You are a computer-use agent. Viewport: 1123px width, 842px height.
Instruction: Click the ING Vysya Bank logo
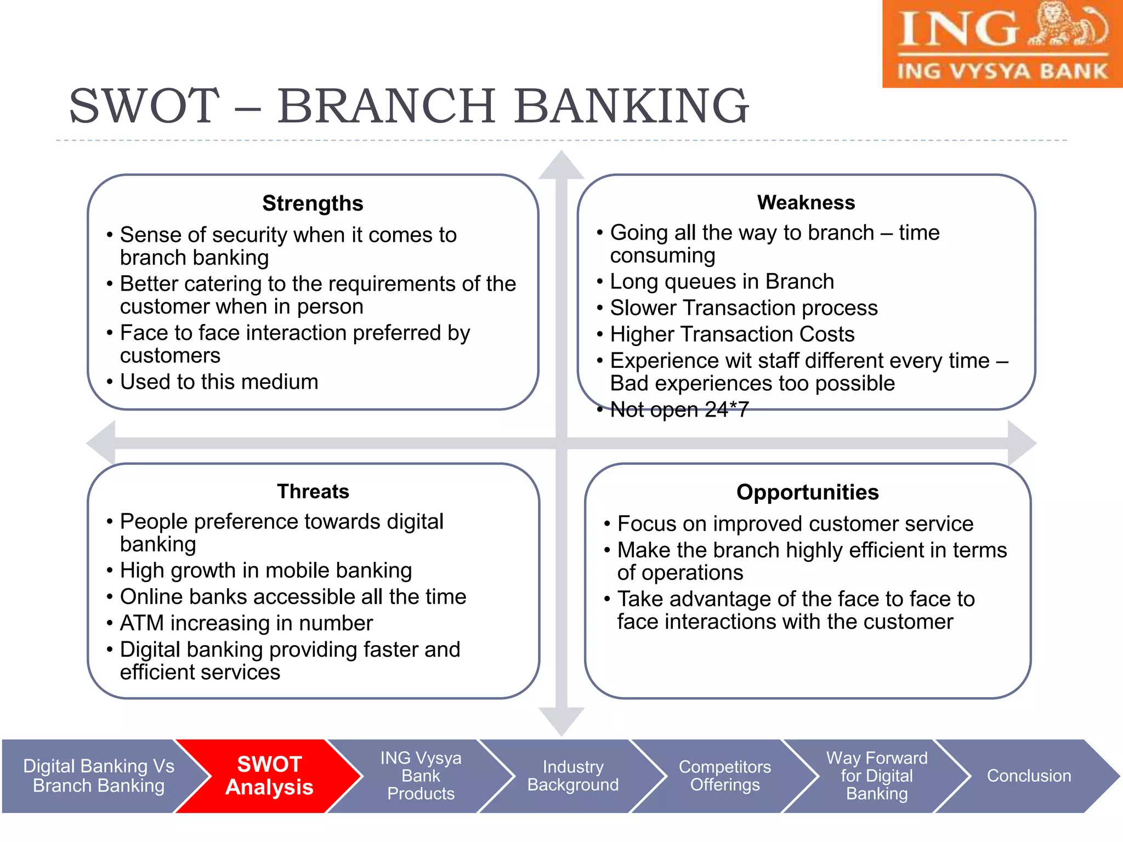click(1002, 44)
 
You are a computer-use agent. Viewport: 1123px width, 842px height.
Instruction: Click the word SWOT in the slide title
click(144, 106)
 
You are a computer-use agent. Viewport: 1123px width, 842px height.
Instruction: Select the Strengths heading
click(313, 203)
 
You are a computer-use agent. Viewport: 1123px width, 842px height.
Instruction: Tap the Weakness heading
click(806, 202)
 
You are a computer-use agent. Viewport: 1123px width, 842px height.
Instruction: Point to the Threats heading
click(313, 491)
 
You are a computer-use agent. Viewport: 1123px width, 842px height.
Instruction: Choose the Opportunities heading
click(807, 492)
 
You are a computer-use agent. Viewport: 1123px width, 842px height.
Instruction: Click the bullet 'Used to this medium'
click(219, 382)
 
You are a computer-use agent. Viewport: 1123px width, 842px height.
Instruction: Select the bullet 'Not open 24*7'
click(679, 409)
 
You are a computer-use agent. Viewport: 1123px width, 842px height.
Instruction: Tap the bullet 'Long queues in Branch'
click(722, 282)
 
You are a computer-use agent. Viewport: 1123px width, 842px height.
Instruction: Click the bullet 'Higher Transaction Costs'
click(732, 334)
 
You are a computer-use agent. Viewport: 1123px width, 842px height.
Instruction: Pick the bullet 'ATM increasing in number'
click(246, 623)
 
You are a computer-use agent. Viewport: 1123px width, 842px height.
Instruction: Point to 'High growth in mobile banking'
click(266, 571)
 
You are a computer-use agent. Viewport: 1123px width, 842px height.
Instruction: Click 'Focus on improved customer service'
click(795, 524)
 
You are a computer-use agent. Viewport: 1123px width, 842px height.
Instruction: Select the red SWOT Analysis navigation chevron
click(269, 776)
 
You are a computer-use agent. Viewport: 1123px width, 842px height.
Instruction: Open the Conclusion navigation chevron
click(1029, 776)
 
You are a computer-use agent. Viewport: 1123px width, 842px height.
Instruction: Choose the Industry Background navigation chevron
click(572, 776)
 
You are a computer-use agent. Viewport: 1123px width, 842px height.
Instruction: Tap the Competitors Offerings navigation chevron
click(724, 776)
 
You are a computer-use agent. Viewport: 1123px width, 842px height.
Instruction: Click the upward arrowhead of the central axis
click(561, 166)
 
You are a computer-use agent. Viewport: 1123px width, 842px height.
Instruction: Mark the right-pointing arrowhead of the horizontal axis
click(1021, 443)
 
